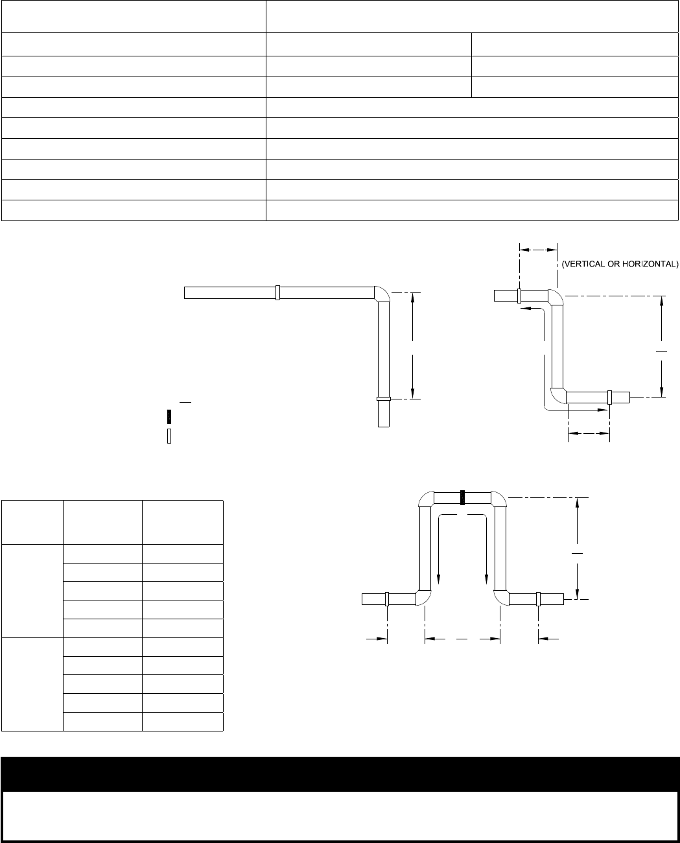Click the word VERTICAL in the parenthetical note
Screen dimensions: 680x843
[583, 264]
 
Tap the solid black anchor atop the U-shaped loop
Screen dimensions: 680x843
[463, 497]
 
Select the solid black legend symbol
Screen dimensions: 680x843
[169, 416]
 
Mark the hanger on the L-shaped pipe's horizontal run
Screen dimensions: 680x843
[277, 292]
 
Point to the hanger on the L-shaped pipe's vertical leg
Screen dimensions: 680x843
[383, 399]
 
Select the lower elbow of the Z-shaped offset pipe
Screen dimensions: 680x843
[557, 395]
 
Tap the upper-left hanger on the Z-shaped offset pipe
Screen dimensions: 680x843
[519, 296]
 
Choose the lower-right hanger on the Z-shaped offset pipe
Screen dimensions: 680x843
[609, 396]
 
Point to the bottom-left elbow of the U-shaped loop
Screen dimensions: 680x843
[423, 597]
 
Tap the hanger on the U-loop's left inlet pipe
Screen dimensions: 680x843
[387, 599]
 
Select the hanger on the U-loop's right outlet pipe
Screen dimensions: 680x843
[539, 599]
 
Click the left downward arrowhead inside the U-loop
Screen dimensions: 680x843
[440, 580]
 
